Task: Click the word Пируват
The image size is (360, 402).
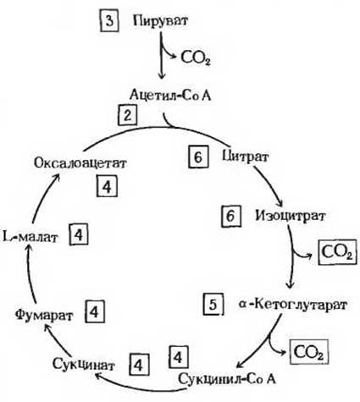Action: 160,21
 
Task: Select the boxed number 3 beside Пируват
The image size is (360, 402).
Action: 109,21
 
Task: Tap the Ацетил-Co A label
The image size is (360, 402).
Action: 170,95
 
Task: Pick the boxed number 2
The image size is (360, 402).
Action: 128,115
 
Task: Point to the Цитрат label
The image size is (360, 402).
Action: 245,157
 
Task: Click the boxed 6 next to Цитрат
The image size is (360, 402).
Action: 198,157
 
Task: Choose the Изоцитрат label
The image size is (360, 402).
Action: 291,216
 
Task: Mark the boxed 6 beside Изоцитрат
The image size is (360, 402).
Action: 231,216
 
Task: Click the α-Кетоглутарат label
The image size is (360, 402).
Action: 293,305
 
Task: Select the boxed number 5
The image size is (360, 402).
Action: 213,305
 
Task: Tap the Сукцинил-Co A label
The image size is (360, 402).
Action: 227,379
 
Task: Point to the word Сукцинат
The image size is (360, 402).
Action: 84,365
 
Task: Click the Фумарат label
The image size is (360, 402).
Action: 44,316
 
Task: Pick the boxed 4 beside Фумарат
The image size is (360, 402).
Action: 94,311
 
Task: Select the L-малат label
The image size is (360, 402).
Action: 30,238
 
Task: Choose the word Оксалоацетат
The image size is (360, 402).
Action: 80,163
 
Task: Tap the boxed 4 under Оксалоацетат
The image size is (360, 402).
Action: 107,186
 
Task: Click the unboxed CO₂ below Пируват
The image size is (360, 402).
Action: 196,58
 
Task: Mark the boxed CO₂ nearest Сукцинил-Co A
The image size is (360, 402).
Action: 308,352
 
